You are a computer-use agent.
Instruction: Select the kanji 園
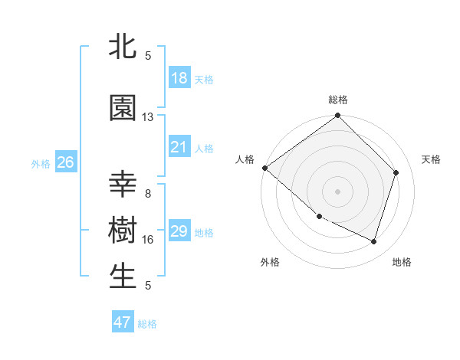(x=123, y=108)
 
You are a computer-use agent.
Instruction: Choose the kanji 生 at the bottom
(x=123, y=277)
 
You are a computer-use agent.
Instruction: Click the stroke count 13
(x=148, y=117)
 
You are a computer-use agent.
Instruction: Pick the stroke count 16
(x=148, y=240)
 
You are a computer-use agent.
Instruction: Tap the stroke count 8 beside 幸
(x=148, y=194)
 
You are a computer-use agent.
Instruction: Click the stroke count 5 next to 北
(x=148, y=56)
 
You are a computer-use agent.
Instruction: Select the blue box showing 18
(x=179, y=78)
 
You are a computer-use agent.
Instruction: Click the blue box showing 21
(x=179, y=147)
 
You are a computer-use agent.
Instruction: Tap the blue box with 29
(x=179, y=231)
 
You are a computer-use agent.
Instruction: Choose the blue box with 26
(x=65, y=162)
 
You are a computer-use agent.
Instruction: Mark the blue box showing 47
(x=123, y=322)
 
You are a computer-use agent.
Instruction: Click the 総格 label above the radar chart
(x=338, y=100)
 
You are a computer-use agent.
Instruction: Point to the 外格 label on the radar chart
(x=270, y=263)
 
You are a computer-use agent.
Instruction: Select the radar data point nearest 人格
(x=264, y=168)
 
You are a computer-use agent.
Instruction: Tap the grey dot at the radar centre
(x=338, y=191)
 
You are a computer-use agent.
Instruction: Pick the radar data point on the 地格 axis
(x=373, y=241)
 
